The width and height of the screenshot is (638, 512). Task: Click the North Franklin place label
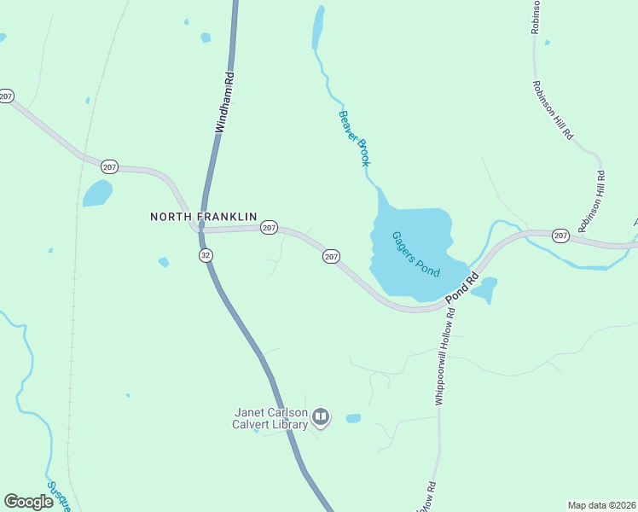pos(204,217)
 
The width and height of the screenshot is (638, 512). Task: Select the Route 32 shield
pos(205,255)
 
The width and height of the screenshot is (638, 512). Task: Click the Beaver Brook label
pos(353,137)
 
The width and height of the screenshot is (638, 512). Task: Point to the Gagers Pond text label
pos(415,253)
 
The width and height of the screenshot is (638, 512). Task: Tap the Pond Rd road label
pos(461,288)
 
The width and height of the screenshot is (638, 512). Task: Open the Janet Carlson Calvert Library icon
pos(321,416)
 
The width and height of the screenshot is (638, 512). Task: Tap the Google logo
pos(29,502)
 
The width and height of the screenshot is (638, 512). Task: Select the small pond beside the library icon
pos(353,418)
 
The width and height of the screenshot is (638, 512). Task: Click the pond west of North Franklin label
pos(96,193)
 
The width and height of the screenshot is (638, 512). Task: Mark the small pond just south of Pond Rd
pos(484,290)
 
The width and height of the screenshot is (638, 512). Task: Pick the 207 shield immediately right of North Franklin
pos(269,227)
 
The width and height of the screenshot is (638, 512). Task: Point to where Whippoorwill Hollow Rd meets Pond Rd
pos(444,304)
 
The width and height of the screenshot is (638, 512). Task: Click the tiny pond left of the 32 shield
pos(163,262)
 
